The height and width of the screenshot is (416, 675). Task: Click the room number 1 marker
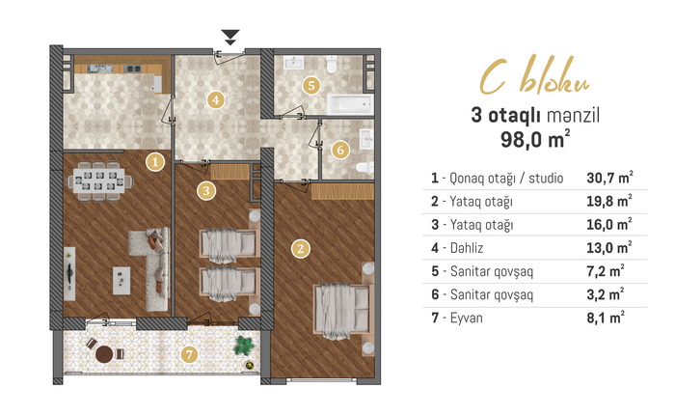(x=155, y=162)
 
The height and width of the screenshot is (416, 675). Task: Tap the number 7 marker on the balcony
(x=189, y=355)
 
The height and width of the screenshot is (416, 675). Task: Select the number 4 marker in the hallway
(x=216, y=100)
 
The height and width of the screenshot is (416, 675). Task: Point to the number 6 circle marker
(x=340, y=150)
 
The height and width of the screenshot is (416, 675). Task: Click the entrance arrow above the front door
(x=230, y=37)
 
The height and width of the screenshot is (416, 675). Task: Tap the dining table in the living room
(x=99, y=181)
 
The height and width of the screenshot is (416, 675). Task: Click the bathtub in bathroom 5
(x=350, y=104)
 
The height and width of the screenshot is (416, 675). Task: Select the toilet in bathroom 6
(x=364, y=168)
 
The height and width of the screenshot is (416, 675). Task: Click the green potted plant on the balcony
(x=245, y=346)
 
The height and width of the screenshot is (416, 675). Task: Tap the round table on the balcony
(x=104, y=354)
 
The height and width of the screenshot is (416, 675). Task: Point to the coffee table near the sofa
(x=121, y=281)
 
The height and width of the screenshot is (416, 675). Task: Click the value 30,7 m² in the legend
(x=609, y=178)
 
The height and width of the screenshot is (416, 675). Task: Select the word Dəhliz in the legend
(x=467, y=248)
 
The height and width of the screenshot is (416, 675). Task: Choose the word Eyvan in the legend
(x=466, y=319)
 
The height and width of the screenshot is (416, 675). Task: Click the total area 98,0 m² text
(x=535, y=139)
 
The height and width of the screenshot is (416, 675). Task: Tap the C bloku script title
(x=535, y=76)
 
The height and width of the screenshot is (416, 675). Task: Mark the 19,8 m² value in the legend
(x=609, y=201)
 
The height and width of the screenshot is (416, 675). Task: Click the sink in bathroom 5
(x=293, y=63)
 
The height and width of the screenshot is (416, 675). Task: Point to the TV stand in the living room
(x=69, y=274)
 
